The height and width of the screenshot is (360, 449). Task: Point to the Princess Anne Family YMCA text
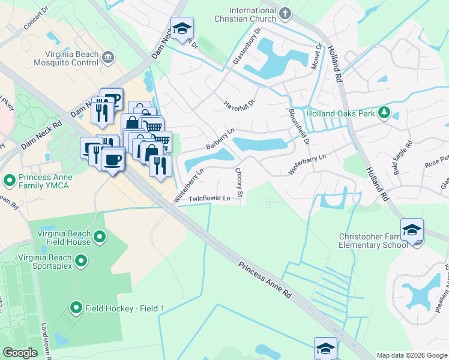(46, 182)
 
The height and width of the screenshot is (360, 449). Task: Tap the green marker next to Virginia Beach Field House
(99, 238)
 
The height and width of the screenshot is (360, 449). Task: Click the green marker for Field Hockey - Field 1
(76, 308)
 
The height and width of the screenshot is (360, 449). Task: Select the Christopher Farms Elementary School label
(377, 241)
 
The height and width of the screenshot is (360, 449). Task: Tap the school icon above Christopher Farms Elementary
(412, 230)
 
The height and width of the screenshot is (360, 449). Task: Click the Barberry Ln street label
(220, 139)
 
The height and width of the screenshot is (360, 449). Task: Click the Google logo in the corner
(20, 353)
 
